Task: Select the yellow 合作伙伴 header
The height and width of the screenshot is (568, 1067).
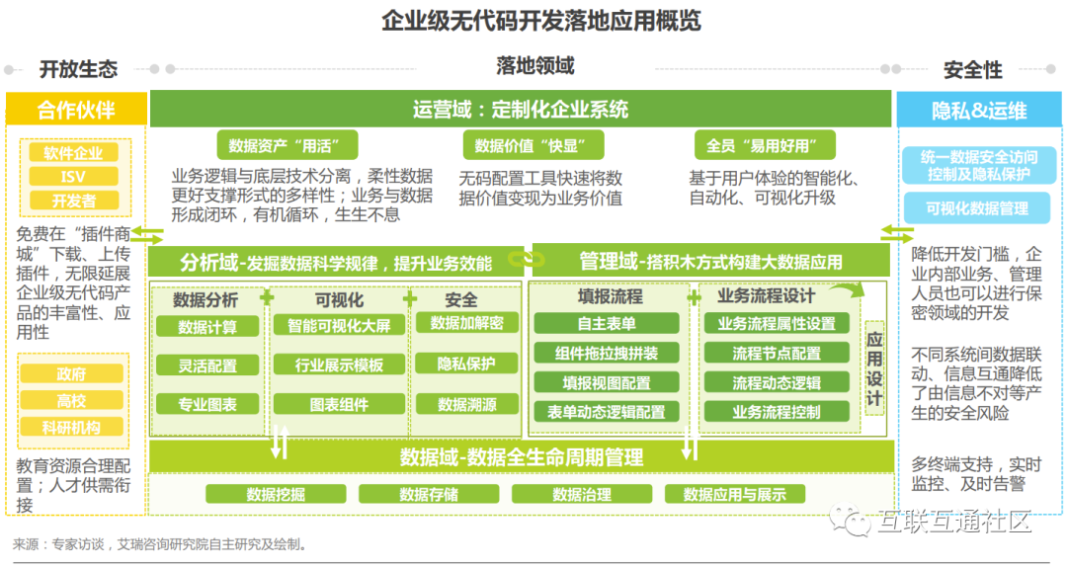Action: [76, 110]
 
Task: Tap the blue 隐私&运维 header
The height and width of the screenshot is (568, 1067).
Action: [979, 110]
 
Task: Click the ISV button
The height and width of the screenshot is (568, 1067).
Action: [74, 177]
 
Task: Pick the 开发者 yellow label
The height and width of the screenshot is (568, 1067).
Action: [74, 201]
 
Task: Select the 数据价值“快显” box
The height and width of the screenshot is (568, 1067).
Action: [526, 146]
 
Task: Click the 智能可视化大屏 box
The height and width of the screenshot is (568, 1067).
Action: [339, 325]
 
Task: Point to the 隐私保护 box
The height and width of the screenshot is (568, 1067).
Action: [467, 363]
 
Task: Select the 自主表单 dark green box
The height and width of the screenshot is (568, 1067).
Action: [607, 323]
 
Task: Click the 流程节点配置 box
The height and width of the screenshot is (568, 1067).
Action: [777, 354]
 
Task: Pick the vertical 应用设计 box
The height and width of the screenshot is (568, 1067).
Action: [874, 368]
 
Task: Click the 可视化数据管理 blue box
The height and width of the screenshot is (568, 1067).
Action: [977, 207]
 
